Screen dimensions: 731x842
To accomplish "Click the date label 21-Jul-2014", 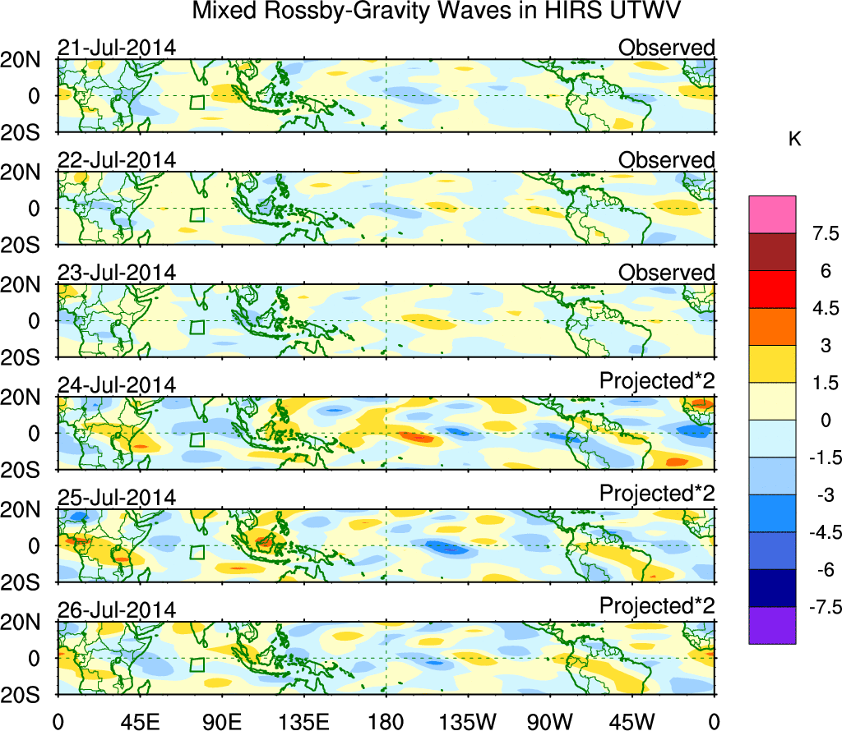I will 116,48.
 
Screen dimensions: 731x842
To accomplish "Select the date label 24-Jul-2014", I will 116,385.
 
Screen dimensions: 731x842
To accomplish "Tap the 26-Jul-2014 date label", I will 116,610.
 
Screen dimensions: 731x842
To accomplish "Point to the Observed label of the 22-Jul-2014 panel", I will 666,160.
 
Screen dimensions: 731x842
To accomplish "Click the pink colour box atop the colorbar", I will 772,214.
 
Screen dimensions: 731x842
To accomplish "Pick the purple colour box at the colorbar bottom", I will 772,625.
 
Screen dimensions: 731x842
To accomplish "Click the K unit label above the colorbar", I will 794,140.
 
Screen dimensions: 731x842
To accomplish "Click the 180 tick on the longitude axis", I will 386,721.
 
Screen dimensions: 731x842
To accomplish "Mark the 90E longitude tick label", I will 221,721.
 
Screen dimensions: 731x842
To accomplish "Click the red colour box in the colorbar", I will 772,289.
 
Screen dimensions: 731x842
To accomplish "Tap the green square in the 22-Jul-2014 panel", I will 197,215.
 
